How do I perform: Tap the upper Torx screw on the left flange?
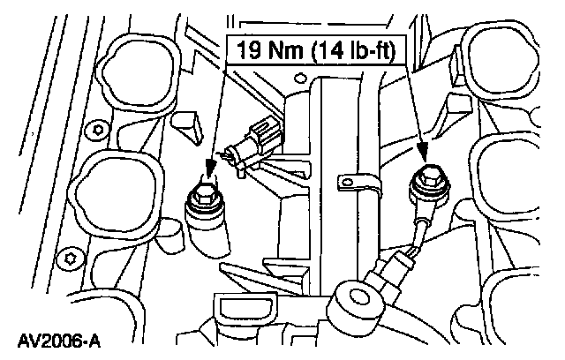click(x=98, y=131)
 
